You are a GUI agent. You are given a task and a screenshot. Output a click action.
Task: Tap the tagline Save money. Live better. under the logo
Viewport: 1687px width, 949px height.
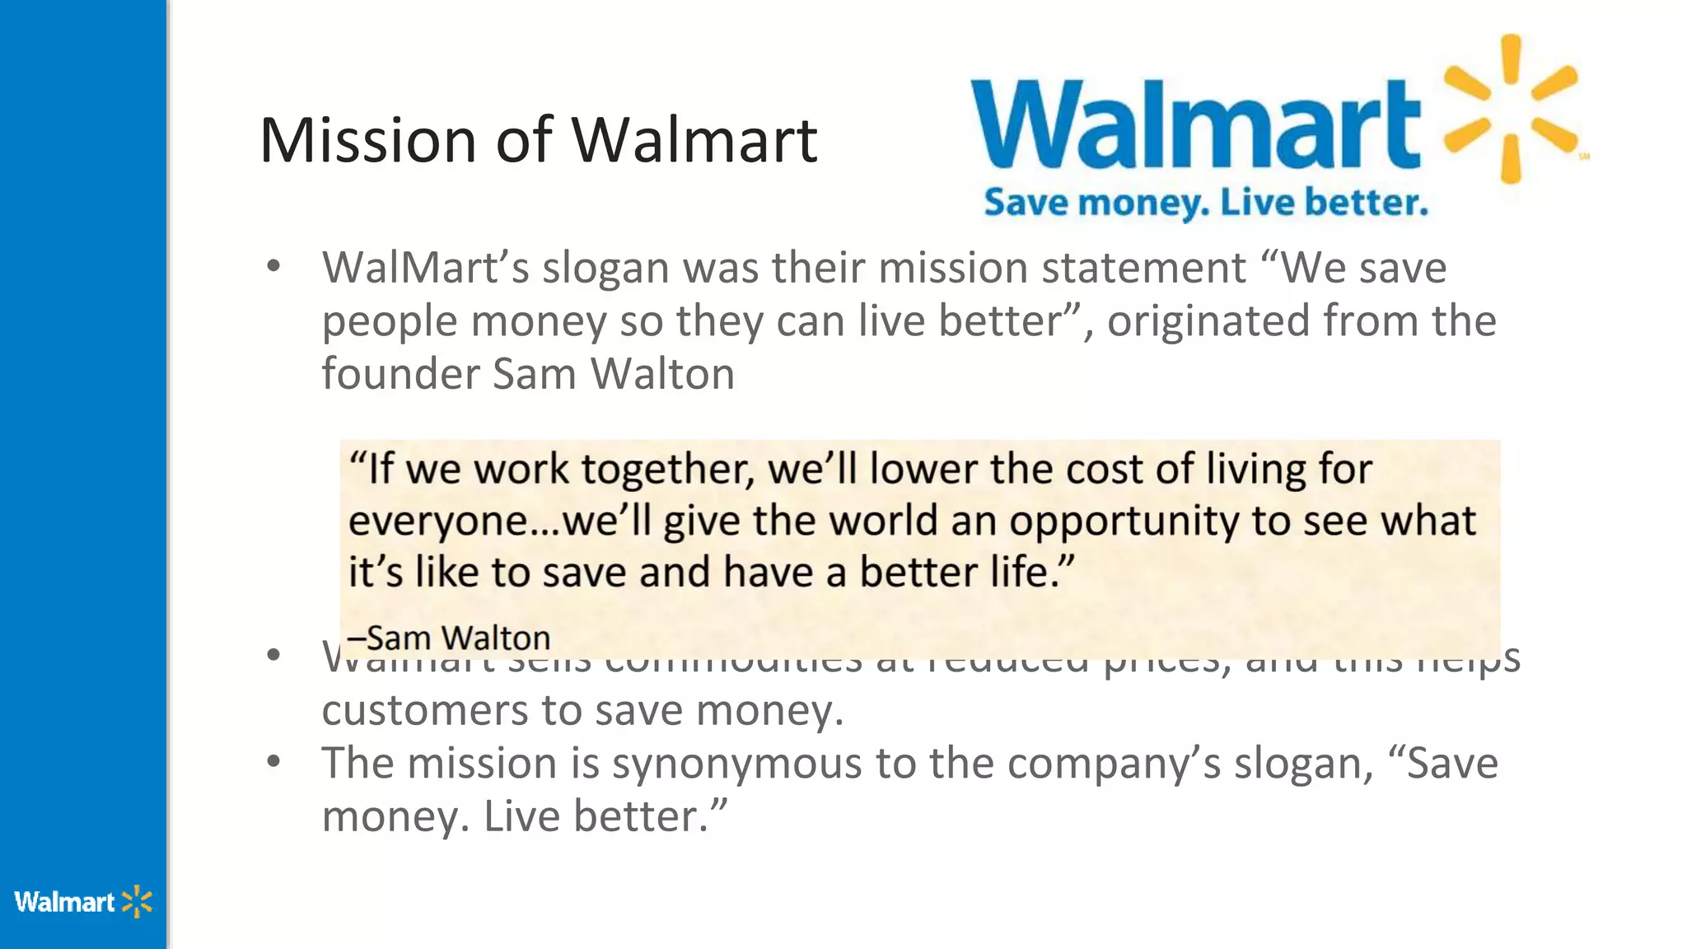1205,203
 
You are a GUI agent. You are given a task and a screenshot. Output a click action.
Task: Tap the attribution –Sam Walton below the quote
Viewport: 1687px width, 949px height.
449,638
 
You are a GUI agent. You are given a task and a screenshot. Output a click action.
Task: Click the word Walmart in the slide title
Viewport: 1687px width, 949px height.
694,140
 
